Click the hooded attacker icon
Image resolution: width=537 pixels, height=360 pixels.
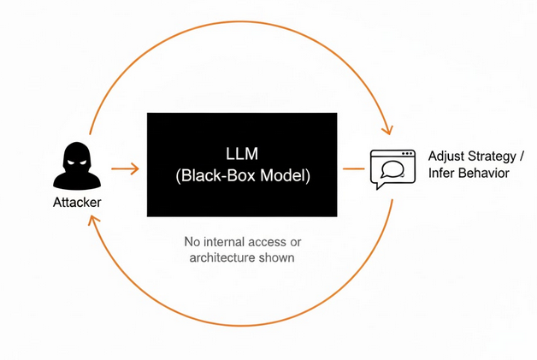tap(77, 166)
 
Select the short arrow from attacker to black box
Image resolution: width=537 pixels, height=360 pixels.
tap(125, 168)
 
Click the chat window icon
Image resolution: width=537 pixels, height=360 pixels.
tap(389, 168)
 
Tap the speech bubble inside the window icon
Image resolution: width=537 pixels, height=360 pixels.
tap(390, 170)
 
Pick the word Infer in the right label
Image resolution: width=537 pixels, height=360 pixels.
tap(442, 174)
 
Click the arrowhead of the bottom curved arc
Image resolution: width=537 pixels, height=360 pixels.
tap(92, 221)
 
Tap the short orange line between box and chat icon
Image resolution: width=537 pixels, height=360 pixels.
tap(351, 168)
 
